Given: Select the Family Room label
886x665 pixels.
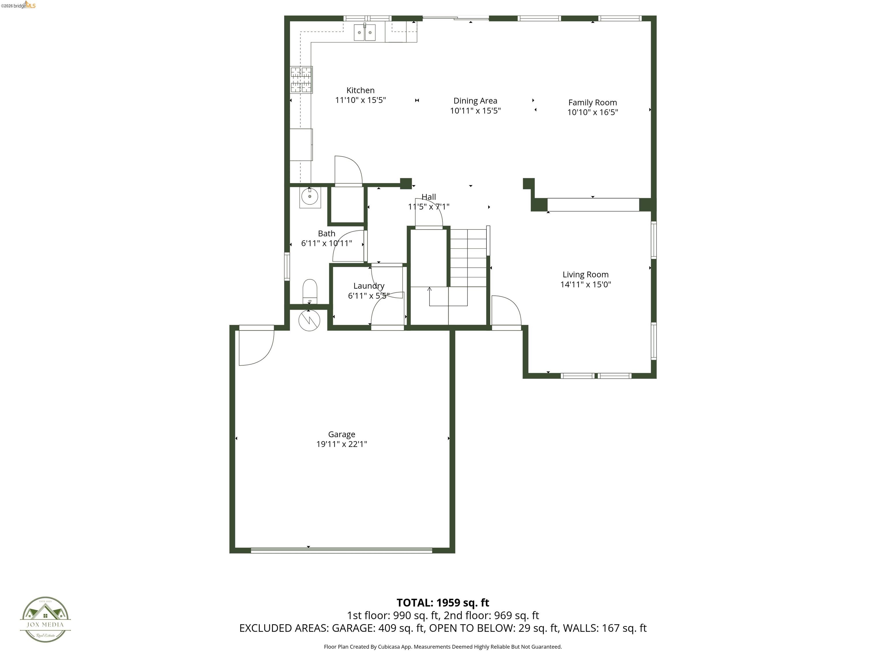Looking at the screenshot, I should pos(592,103).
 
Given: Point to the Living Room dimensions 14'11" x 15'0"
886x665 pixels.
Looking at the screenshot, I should pos(585,285).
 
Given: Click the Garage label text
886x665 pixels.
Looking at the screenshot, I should pos(341,434).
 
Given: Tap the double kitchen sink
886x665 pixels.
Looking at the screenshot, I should pos(365,32).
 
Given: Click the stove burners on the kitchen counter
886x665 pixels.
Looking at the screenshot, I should pos(301,80).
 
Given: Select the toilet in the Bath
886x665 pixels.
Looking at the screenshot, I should pos(310,292).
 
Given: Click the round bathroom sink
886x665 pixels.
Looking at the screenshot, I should pos(310,197).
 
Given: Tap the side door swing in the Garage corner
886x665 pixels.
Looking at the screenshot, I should pos(255,347).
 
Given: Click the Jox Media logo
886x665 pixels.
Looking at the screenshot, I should pos(45,620).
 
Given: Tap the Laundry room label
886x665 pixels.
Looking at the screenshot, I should pos(369,286).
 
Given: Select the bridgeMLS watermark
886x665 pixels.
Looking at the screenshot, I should pos(18,5).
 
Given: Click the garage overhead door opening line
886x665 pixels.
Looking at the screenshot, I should pos(341,551).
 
